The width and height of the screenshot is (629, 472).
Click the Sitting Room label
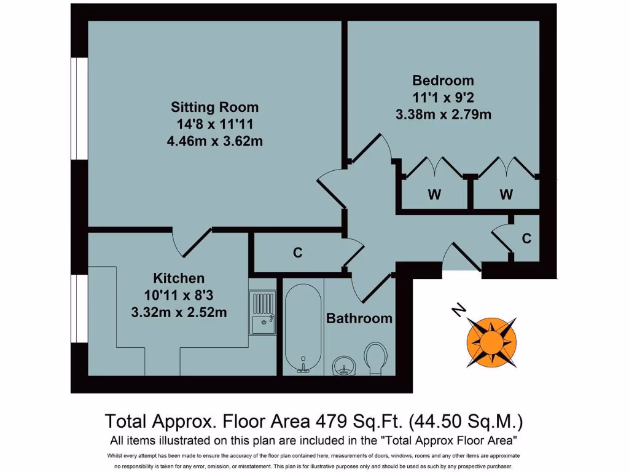click(214, 107)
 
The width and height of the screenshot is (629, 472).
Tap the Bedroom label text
click(443, 81)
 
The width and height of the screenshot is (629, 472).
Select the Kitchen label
click(179, 278)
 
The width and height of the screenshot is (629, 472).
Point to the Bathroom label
click(359, 318)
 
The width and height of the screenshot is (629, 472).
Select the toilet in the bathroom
click(375, 357)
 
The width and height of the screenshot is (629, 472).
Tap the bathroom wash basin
click(344, 366)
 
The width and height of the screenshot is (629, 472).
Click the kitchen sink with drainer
click(263, 312)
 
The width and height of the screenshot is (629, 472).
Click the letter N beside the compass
click(457, 311)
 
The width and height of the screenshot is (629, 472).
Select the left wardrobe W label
click(434, 195)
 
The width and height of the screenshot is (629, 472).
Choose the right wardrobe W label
click(506, 195)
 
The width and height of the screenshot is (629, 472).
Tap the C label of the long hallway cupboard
click(298, 252)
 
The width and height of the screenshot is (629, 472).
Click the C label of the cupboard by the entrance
click(526, 238)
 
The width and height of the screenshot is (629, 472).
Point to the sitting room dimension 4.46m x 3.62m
click(214, 141)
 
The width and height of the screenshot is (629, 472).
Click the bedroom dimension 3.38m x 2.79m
click(443, 114)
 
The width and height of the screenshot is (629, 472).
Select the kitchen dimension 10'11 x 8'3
click(179, 295)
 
